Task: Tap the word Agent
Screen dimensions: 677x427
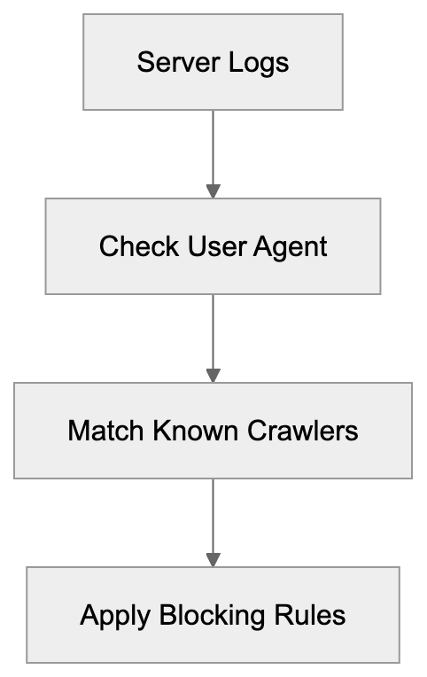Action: [x=291, y=246]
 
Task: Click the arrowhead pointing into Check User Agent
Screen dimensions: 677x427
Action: [x=213, y=191]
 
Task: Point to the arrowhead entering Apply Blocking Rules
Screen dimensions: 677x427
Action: [x=213, y=560]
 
